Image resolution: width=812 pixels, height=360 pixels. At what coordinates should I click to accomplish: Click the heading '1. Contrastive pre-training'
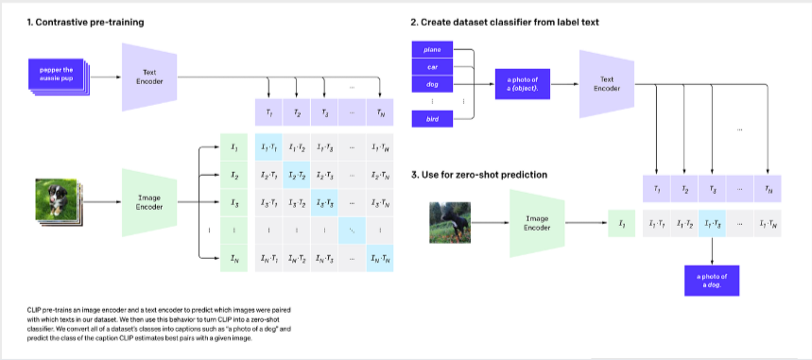coord(71,20)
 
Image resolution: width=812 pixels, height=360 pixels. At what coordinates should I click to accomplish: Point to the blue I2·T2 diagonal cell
coord(297,176)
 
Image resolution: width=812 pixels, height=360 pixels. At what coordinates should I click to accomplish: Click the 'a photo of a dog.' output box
coord(714,280)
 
